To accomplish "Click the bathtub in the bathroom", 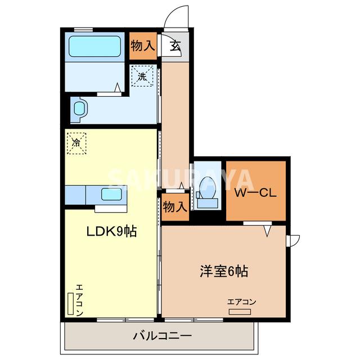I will pos(94,48).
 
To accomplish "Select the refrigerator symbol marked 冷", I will pos(76,143).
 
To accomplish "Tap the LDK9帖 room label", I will pos(111,231).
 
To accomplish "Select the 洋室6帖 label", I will pos(223,271).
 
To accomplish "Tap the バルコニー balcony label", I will pos(163,336).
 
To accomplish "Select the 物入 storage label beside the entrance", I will pos(142,46).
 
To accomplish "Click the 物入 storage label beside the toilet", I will pos(174,206).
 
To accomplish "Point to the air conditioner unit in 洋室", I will pos(242,310).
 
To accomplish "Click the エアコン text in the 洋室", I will pos(242,302).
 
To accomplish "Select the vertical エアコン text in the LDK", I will pos(79,299).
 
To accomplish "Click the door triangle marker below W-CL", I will pos(268,229).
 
